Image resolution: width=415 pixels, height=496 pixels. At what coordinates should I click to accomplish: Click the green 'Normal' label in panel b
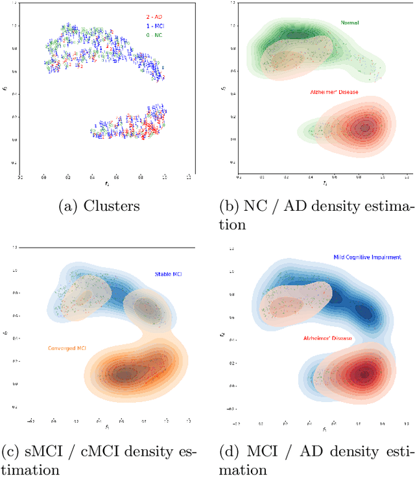[x=350, y=23]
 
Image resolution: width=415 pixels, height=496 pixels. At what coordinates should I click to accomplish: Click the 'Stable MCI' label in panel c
[x=167, y=274]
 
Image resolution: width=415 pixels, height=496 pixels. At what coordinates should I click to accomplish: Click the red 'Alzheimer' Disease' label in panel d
[x=328, y=338]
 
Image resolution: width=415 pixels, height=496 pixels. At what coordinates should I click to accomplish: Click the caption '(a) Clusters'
[x=99, y=207]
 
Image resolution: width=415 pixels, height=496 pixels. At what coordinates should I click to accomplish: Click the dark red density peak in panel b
[x=364, y=128]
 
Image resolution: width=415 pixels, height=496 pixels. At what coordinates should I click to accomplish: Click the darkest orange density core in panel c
[x=123, y=374]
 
